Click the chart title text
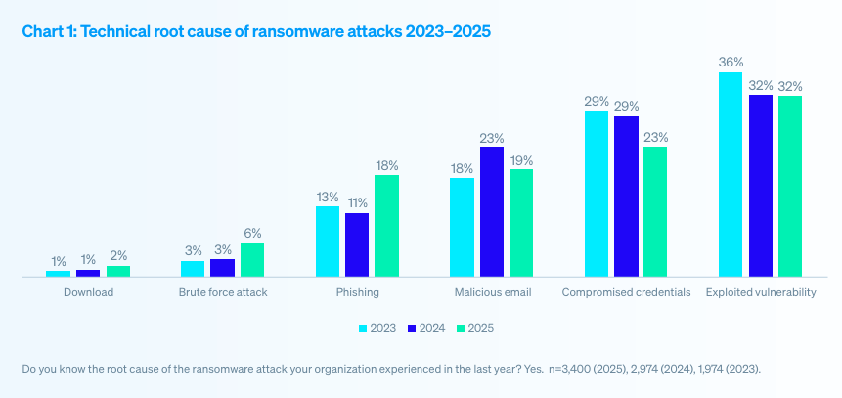pyautogui.click(x=256, y=31)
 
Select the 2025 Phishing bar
pyautogui.click(x=386, y=226)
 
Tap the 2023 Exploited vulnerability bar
pyautogui.click(x=731, y=175)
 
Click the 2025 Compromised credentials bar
pyautogui.click(x=655, y=212)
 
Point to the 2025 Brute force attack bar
pyautogui.click(x=252, y=260)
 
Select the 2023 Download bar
pyautogui.click(x=59, y=274)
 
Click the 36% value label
pyautogui.click(x=731, y=63)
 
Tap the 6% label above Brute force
pyautogui.click(x=252, y=234)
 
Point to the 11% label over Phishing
pyautogui.click(x=357, y=203)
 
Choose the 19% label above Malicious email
pyautogui.click(x=521, y=159)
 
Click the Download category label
pyautogui.click(x=88, y=292)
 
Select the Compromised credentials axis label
pyautogui.click(x=626, y=292)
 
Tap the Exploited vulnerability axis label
pyautogui.click(x=760, y=292)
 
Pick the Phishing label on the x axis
pyautogui.click(x=357, y=292)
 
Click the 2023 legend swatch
pyautogui.click(x=364, y=328)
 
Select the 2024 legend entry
pyautogui.click(x=428, y=328)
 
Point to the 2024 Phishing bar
pyautogui.click(x=357, y=245)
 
